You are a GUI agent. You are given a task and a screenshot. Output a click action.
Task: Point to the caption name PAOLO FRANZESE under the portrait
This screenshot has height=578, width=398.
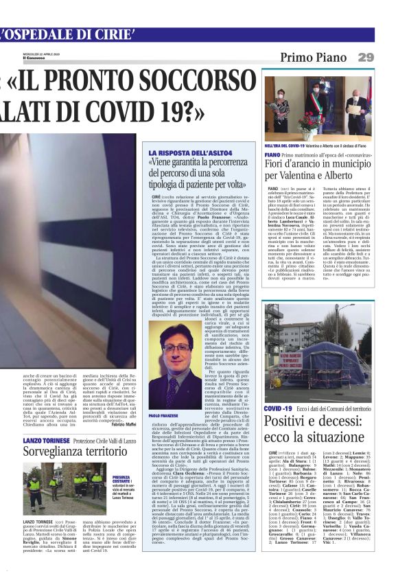(x=163, y=416)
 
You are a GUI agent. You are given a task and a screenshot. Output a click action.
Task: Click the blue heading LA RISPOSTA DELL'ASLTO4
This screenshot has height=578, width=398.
(x=180, y=152)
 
